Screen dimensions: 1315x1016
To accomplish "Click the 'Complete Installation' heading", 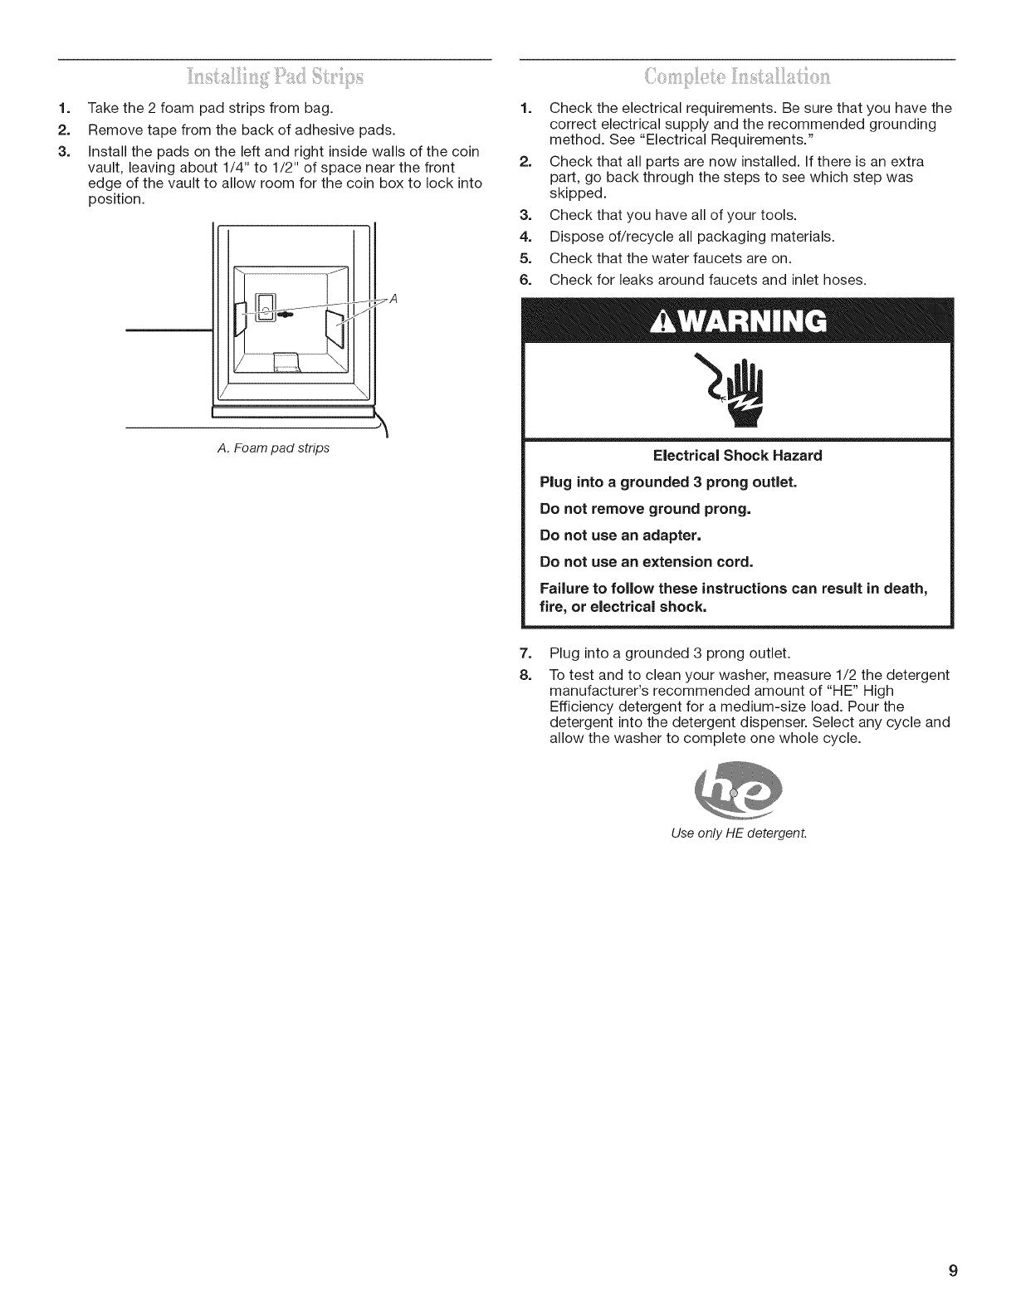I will pyautogui.click(x=735, y=79).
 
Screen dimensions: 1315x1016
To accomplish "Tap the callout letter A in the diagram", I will pyautogui.click(x=393, y=301).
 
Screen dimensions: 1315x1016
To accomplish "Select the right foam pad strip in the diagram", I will pyautogui.click(x=336, y=327).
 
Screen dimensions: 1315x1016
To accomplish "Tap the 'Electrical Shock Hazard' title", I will pyautogui.click(x=737, y=456).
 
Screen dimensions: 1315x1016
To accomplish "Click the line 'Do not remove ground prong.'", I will pyautogui.click(x=645, y=508).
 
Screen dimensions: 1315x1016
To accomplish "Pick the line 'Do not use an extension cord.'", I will pyautogui.click(x=647, y=561).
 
